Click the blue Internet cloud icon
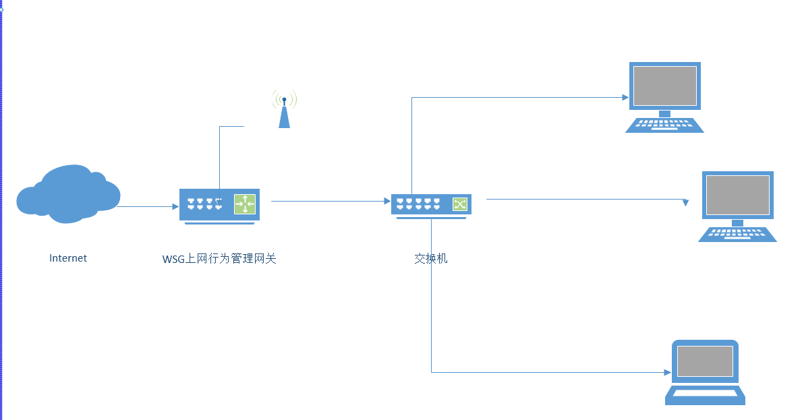coord(67,194)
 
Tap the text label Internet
coord(68,258)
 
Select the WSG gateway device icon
coord(219,204)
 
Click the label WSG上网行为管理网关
coord(219,259)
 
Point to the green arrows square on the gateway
coord(245,204)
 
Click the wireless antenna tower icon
coord(284,111)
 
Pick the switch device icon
coord(431,205)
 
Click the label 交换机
coord(430,258)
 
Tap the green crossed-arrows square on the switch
coord(459,204)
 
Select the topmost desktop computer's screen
coord(664,86)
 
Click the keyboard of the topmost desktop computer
coord(664,125)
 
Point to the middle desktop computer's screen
coord(737,195)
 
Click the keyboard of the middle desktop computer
coord(737,235)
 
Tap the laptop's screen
coord(705,361)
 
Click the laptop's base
coord(705,395)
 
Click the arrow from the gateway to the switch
coord(331,201)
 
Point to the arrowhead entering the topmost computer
coord(625,97)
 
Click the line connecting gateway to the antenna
coord(220,158)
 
